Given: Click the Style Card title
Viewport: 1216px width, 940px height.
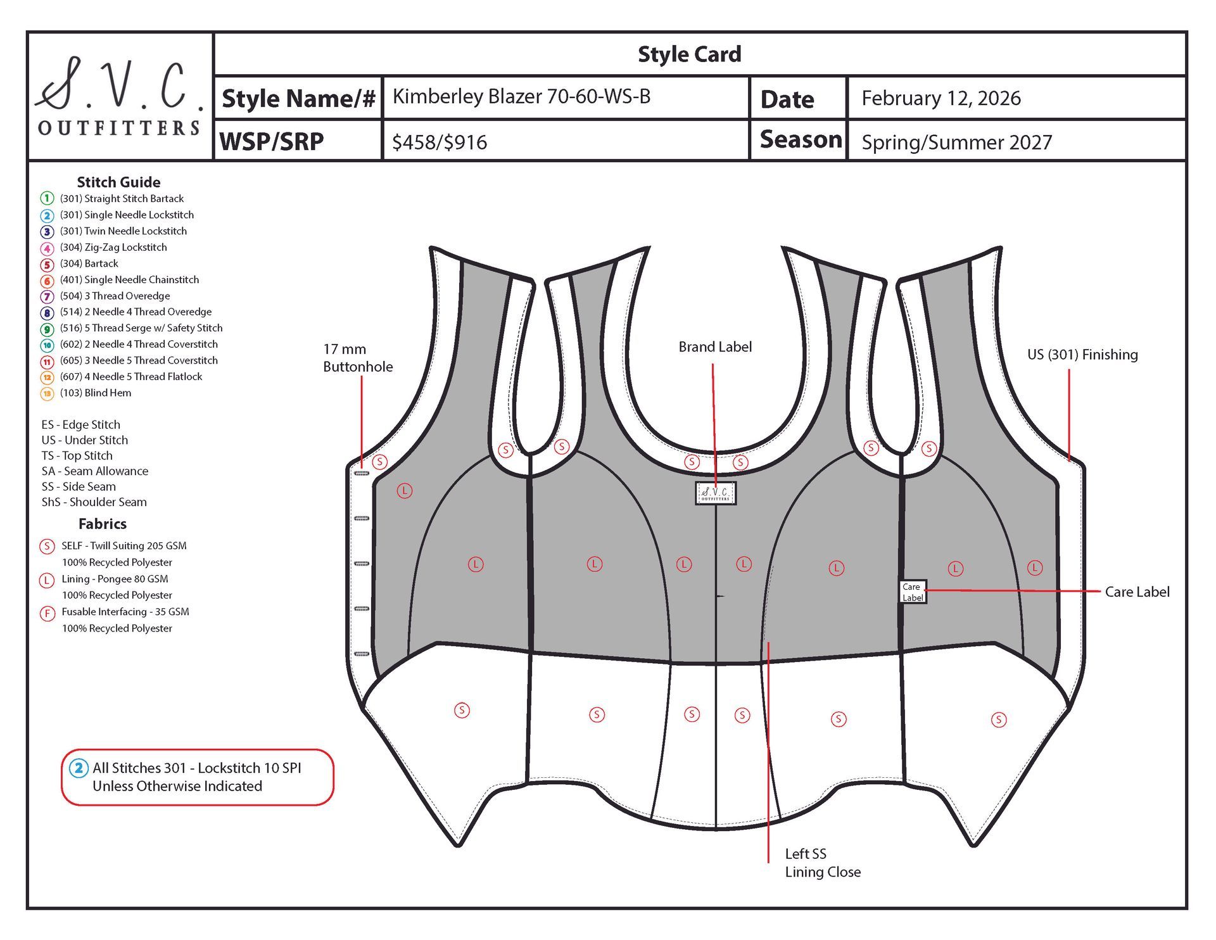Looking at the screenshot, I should click(x=689, y=54).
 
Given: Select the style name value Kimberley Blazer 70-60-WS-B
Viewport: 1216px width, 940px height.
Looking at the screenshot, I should click(x=521, y=96).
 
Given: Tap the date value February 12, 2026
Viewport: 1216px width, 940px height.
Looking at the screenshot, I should click(x=940, y=98).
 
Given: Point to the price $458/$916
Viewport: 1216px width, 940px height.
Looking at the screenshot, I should click(x=440, y=142).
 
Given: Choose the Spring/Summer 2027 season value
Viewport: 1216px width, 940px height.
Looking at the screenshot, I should click(x=956, y=142).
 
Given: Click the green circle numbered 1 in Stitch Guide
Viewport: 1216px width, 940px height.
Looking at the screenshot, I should click(x=47, y=199).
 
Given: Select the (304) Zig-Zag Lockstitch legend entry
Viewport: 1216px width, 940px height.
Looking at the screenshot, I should click(x=113, y=248).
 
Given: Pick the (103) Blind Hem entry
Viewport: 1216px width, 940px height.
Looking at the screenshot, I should click(x=96, y=393).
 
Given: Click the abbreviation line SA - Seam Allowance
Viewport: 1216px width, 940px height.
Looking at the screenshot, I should click(x=95, y=471).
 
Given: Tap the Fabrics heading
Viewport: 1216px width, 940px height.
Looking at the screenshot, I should click(x=103, y=524).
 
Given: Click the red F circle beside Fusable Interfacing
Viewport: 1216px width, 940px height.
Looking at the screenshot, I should click(x=47, y=613).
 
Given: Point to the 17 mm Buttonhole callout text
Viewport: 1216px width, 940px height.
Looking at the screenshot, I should click(x=357, y=358).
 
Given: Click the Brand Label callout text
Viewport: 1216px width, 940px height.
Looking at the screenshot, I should click(x=715, y=347).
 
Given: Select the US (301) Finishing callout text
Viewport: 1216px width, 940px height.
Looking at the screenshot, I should click(x=1082, y=355).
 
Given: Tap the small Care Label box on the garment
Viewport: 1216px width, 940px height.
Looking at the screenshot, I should click(x=913, y=592).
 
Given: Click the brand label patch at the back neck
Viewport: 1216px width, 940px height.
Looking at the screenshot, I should click(x=716, y=493).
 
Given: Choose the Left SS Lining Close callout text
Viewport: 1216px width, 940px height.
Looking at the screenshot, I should click(x=822, y=863).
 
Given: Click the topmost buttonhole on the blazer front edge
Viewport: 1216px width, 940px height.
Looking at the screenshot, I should click(x=361, y=473).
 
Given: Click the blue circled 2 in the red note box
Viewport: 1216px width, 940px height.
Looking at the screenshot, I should click(x=79, y=768).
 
